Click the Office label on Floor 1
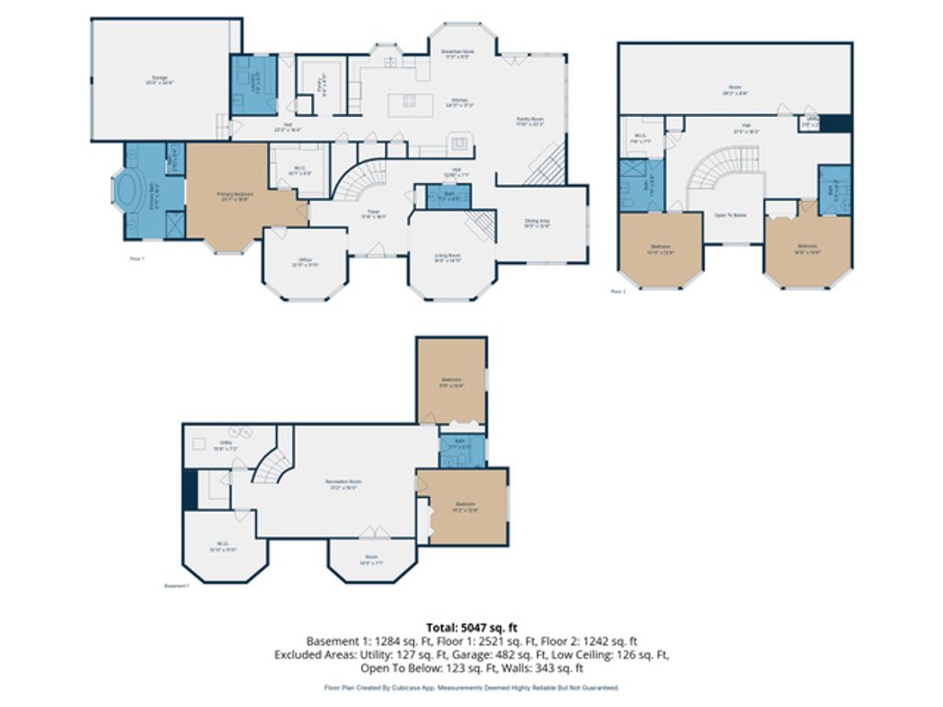pyautogui.click(x=306, y=261)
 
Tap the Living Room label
pyautogui.click(x=448, y=259)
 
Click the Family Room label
pyautogui.click(x=530, y=120)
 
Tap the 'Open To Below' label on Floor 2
pyautogui.click(x=731, y=214)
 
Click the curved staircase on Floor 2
pyautogui.click(x=718, y=170)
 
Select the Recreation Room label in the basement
pyautogui.click(x=342, y=485)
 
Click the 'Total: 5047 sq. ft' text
pyautogui.click(x=471, y=628)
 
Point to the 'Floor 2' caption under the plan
pyautogui.click(x=618, y=291)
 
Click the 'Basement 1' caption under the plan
pyautogui.click(x=176, y=585)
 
